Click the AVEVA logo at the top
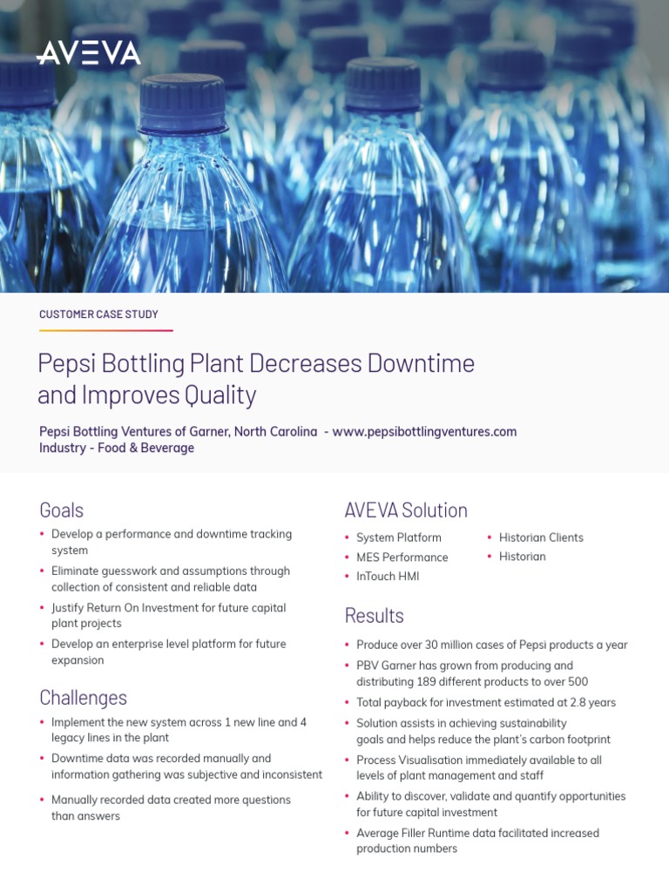[88, 53]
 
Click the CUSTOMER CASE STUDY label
[98, 314]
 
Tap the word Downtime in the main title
[421, 363]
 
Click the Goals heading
[61, 510]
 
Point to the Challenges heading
[83, 698]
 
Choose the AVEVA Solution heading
[406, 510]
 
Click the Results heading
[374, 616]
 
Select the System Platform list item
[398, 537]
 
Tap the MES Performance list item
[402, 557]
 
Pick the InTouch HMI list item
[388, 576]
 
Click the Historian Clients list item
[541, 537]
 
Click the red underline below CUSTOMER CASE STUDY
[105, 331]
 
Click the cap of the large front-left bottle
[183, 103]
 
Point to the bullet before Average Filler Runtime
[348, 834]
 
